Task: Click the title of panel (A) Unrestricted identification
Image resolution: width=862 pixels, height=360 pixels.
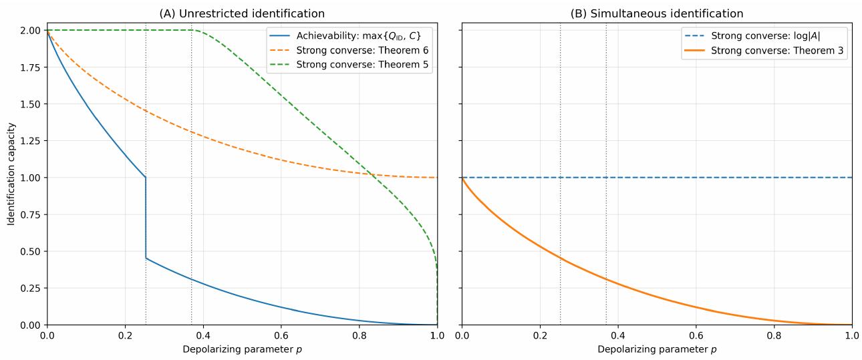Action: point(242,13)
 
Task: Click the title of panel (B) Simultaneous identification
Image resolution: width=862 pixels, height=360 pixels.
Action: point(657,13)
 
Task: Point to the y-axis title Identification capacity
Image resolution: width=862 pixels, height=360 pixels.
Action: point(11,177)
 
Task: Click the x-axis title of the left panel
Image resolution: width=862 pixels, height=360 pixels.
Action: point(242,349)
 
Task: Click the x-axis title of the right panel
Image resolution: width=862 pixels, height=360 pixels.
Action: point(657,349)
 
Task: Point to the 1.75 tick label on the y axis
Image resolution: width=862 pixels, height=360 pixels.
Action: point(30,67)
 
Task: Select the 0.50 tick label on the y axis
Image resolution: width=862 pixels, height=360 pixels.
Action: point(30,252)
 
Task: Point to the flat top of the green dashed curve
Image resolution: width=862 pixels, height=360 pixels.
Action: point(120,30)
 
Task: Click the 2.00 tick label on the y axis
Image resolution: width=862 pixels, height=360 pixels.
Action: point(30,31)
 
